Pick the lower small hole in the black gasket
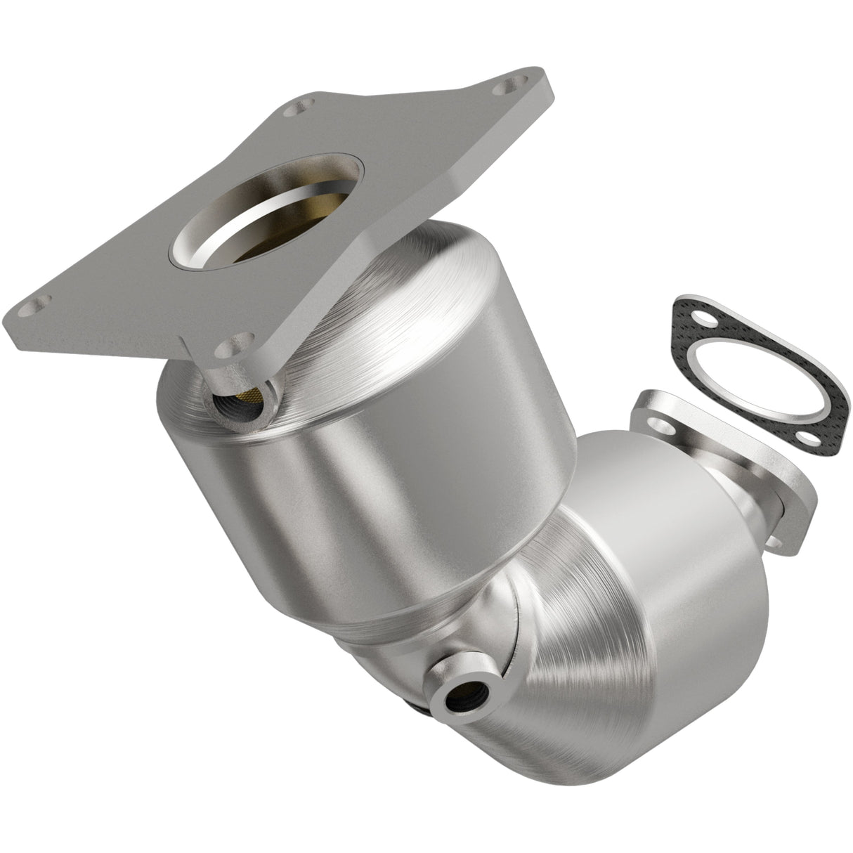[x=810, y=437]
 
